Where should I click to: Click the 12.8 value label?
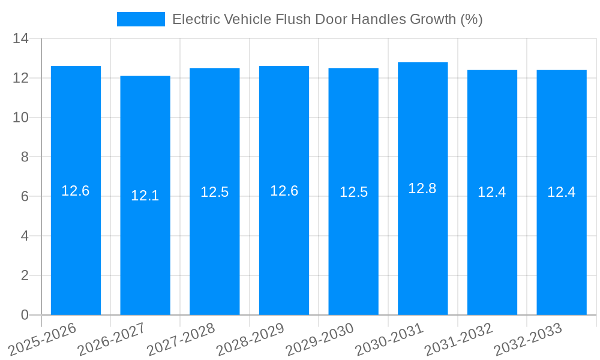422,188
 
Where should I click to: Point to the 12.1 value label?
145,196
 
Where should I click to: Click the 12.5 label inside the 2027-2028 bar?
215,192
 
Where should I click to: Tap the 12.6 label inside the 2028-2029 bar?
284,191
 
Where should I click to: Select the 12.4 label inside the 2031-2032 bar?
492,193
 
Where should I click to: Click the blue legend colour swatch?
141,19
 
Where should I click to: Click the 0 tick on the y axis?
25,315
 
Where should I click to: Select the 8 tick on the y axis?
25,157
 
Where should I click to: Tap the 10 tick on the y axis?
21,118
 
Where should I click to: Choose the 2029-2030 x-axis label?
320,338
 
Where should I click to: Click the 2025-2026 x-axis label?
43,338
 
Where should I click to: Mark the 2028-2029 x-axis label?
251,338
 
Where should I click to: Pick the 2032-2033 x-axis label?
529,338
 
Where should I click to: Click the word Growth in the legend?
433,19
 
